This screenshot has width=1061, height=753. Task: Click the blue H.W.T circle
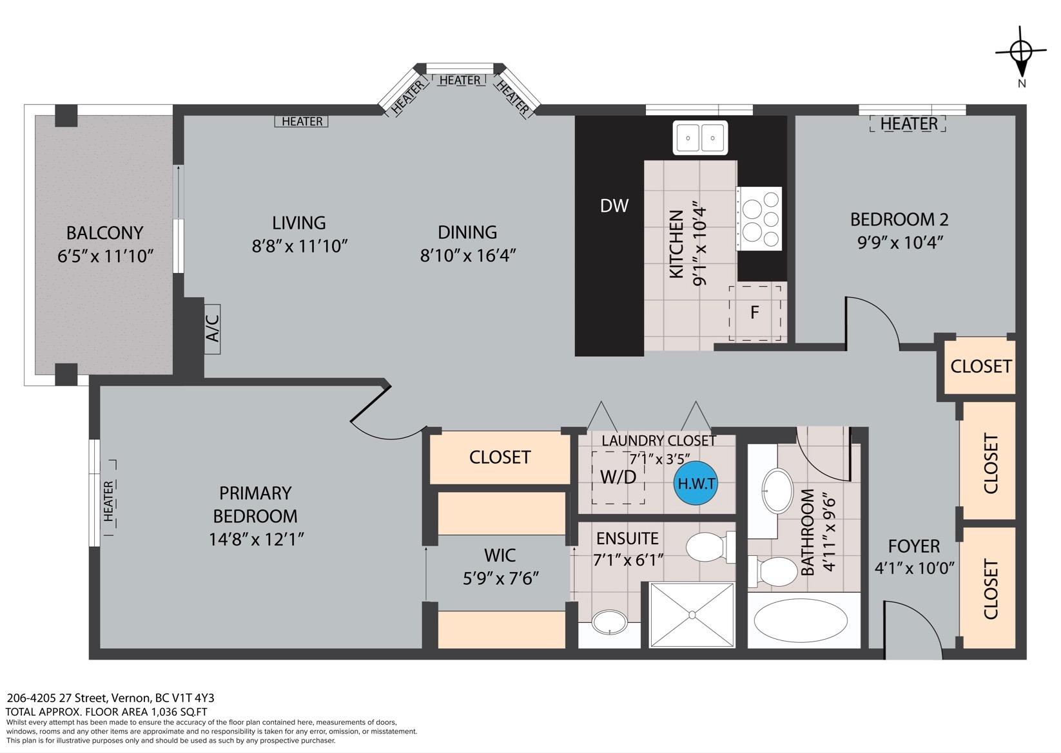point(696,483)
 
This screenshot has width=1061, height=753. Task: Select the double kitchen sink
point(700,138)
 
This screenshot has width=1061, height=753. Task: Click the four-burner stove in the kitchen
point(759,218)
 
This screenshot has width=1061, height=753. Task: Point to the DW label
point(614,205)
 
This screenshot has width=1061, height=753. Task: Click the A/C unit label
point(213,329)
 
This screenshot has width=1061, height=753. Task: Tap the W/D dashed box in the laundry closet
point(618,477)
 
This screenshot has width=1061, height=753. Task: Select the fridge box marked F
point(755,312)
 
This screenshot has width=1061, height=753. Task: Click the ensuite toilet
point(710,547)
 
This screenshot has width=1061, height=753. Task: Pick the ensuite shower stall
point(692,615)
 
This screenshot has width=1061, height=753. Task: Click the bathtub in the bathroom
point(804,620)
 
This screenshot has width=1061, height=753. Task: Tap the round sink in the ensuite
point(610,622)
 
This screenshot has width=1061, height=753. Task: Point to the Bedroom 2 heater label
point(908,124)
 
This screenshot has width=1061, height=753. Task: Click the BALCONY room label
point(104,233)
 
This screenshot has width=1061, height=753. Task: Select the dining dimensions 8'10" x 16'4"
point(467,256)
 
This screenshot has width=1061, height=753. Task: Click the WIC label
point(500,555)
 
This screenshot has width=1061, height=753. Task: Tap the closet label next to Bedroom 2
point(981,367)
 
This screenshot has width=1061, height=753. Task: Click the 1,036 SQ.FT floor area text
point(179,712)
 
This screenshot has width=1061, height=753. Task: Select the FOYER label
point(913,546)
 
